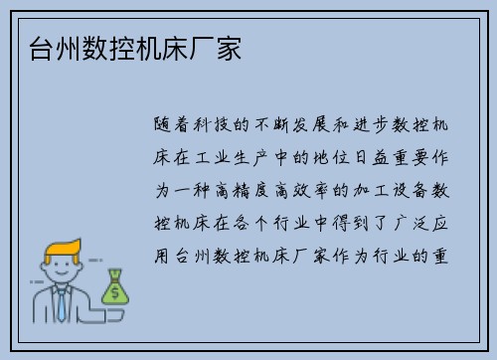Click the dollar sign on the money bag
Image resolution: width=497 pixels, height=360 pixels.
115,290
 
